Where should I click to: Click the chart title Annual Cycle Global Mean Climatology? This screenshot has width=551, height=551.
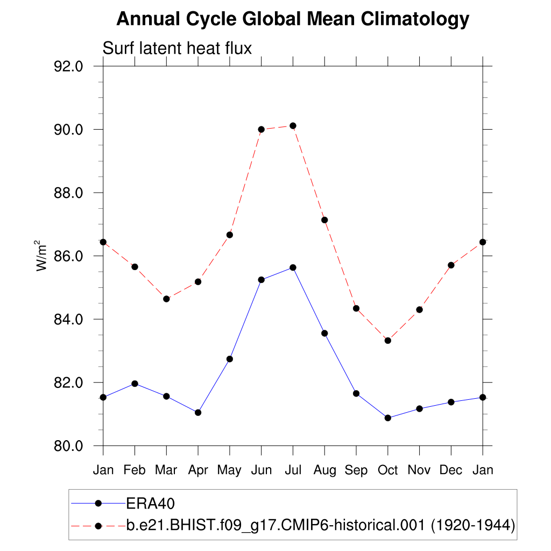coord(293,19)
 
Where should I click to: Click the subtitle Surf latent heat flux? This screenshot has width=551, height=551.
coord(177,48)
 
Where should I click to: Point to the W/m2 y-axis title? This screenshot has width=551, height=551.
coord(42,256)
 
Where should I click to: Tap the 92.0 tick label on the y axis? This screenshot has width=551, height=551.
coord(69,66)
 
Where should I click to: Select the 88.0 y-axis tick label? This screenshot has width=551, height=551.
coord(69,193)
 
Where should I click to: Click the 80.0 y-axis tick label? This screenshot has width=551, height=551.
coord(69,446)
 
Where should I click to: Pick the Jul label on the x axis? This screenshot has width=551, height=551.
coord(293,470)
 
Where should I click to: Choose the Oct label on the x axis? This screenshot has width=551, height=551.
coord(387,470)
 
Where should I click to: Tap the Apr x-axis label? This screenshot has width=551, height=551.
coord(198,470)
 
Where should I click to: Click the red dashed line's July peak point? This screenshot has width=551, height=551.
coord(293,126)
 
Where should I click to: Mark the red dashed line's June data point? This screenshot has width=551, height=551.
coord(262,129)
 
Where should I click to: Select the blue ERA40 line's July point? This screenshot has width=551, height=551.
coord(293,267)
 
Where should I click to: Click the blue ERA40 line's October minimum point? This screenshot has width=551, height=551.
coord(387,418)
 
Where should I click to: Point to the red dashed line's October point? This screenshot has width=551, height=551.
coord(387,340)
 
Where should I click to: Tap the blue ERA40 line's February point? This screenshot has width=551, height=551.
coord(135,384)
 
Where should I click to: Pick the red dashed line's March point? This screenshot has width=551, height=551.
coord(166,299)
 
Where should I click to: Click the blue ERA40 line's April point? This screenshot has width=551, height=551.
coord(198,412)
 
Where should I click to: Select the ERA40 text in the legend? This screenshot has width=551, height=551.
coord(151,503)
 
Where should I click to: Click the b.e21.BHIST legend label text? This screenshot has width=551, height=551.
coord(321,525)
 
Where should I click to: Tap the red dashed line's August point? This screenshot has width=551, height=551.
coord(324,220)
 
